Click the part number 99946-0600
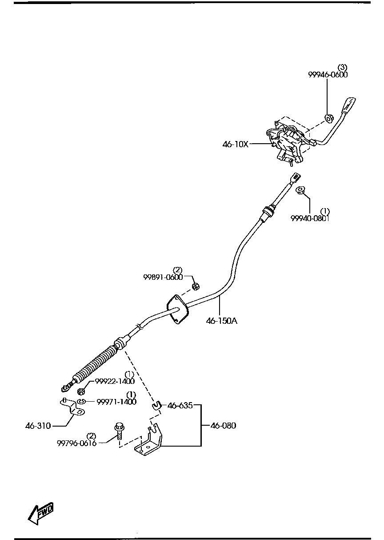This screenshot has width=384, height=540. point(328,75)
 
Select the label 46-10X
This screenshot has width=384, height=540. point(235,144)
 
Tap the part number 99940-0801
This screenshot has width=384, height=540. point(310,218)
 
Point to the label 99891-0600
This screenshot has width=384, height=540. point(163,277)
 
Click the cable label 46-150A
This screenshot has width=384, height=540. point(221,320)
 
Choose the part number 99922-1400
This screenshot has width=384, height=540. point(115,381)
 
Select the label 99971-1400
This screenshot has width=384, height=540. point(116,401)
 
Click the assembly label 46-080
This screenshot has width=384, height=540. point(223,426)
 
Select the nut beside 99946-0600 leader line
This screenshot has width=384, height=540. point(329,118)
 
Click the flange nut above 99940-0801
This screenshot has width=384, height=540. point(300,190)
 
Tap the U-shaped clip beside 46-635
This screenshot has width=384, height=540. point(156,405)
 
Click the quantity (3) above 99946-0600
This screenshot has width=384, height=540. point(342,67)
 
